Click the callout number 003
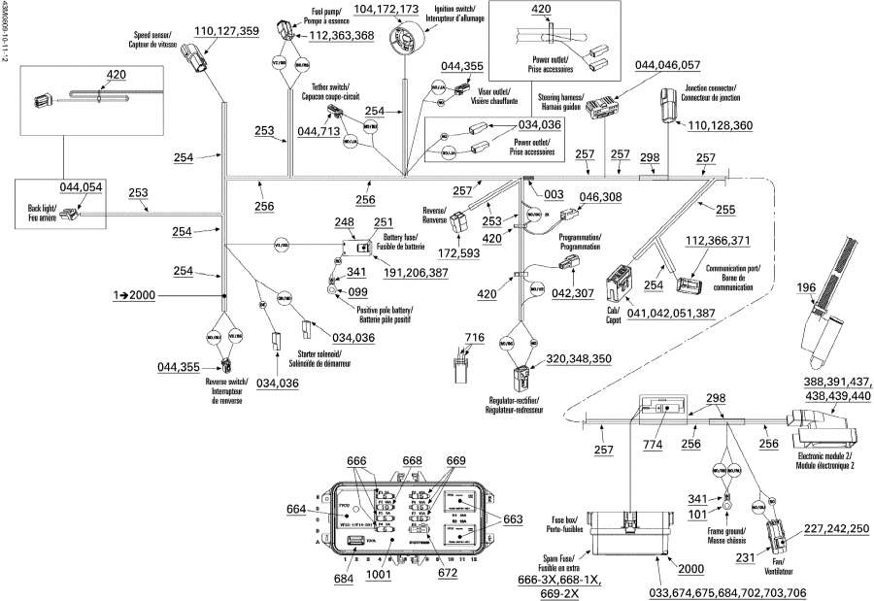click(x=554, y=195)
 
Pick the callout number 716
click(x=473, y=337)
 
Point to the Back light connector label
click(x=35, y=214)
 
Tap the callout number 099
click(x=357, y=291)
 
